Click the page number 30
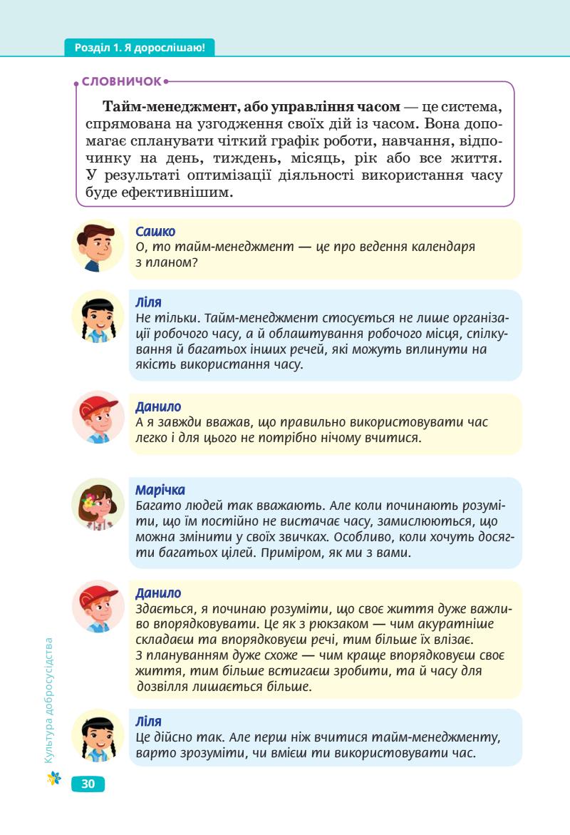pyautogui.click(x=88, y=784)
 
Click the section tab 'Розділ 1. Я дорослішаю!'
pyautogui.click(x=139, y=48)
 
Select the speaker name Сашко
pyautogui.click(x=155, y=232)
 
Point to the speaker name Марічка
pyautogui.click(x=160, y=490)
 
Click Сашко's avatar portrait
pyautogui.click(x=98, y=246)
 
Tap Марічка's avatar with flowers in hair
pyautogui.click(x=98, y=504)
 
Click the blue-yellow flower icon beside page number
pyautogui.click(x=51, y=781)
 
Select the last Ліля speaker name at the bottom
pyautogui.click(x=148, y=722)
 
